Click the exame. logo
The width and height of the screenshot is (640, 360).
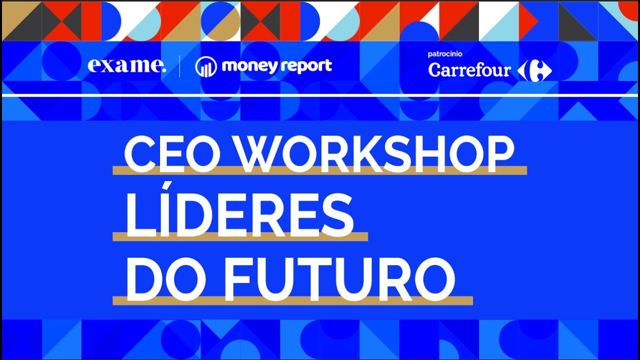[127, 66]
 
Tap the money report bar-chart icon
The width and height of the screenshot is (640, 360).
[206, 67]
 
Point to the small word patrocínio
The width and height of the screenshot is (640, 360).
[445, 54]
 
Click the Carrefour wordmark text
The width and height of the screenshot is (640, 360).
[469, 70]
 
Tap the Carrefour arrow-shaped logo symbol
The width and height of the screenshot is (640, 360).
[534, 70]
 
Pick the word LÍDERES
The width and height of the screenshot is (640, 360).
[239, 214]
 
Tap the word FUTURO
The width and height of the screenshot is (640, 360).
[339, 279]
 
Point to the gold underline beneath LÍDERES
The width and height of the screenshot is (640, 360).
[240, 236]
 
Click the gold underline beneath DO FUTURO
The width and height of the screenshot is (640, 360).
[293, 300]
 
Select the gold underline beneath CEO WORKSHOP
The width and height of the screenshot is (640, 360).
[319, 170]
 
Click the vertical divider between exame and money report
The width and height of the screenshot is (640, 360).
[179, 66]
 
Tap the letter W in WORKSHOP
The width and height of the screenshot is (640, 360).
[261, 154]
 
